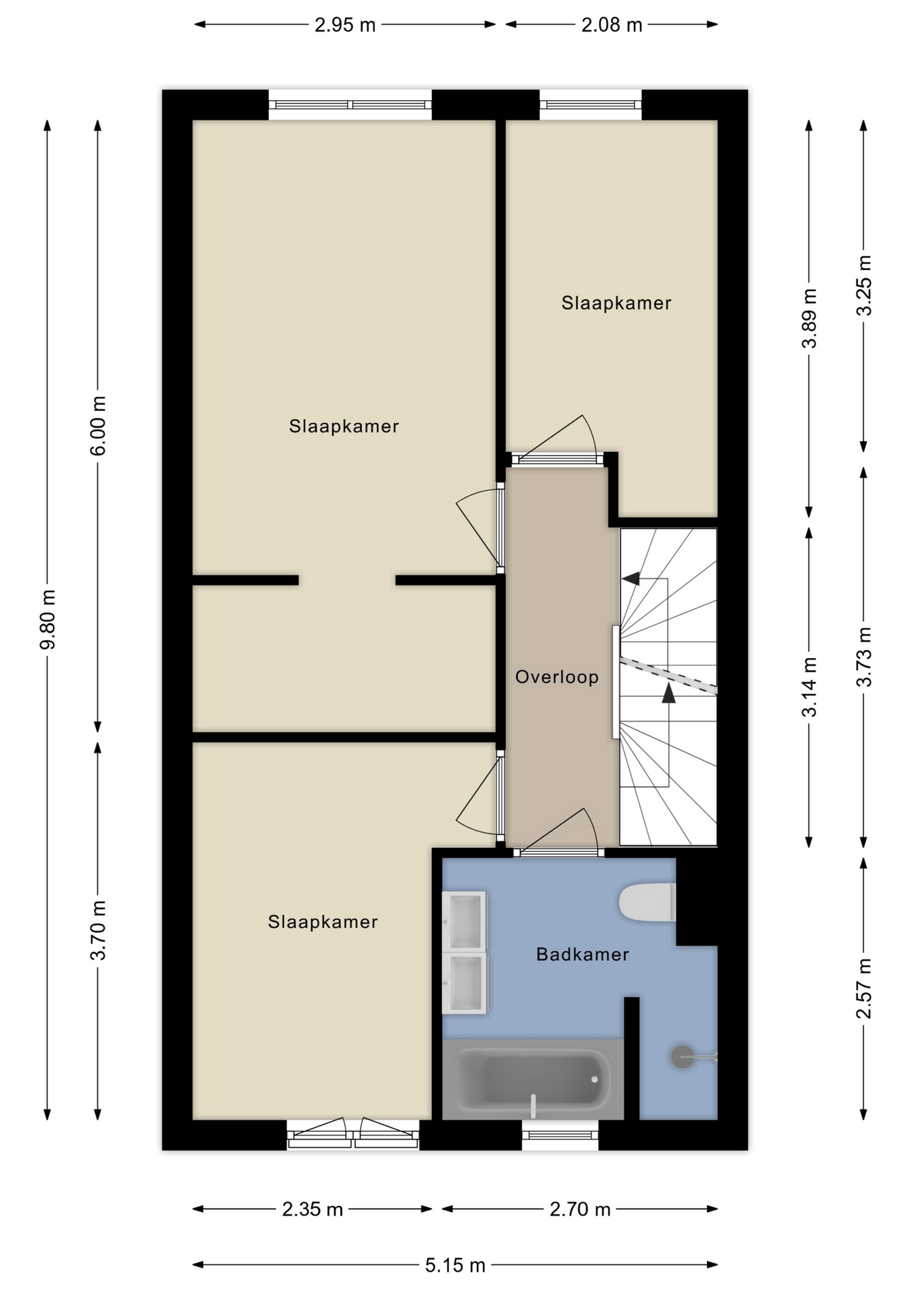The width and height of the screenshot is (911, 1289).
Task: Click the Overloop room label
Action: (x=556, y=677)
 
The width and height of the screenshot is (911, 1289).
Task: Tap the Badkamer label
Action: (x=582, y=954)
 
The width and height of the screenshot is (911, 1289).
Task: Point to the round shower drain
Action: (x=682, y=1057)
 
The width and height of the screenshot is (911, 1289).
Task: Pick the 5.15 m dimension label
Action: (x=455, y=1266)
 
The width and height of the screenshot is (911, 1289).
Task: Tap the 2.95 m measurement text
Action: (x=345, y=25)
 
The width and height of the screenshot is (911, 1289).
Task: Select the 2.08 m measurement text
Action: (x=611, y=25)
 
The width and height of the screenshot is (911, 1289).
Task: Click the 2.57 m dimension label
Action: (x=864, y=988)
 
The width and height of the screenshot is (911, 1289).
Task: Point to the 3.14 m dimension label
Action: (x=810, y=686)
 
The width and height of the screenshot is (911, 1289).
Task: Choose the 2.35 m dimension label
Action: (x=312, y=1209)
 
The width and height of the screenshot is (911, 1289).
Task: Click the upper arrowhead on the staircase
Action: (x=631, y=578)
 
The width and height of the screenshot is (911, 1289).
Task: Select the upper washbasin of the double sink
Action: (x=464, y=921)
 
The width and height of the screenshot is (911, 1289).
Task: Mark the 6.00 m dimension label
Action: (x=98, y=426)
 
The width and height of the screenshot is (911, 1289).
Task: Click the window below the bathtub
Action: (x=560, y=1135)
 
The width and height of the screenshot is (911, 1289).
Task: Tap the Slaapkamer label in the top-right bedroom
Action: (x=617, y=303)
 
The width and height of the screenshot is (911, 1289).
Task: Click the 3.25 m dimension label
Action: (x=864, y=285)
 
